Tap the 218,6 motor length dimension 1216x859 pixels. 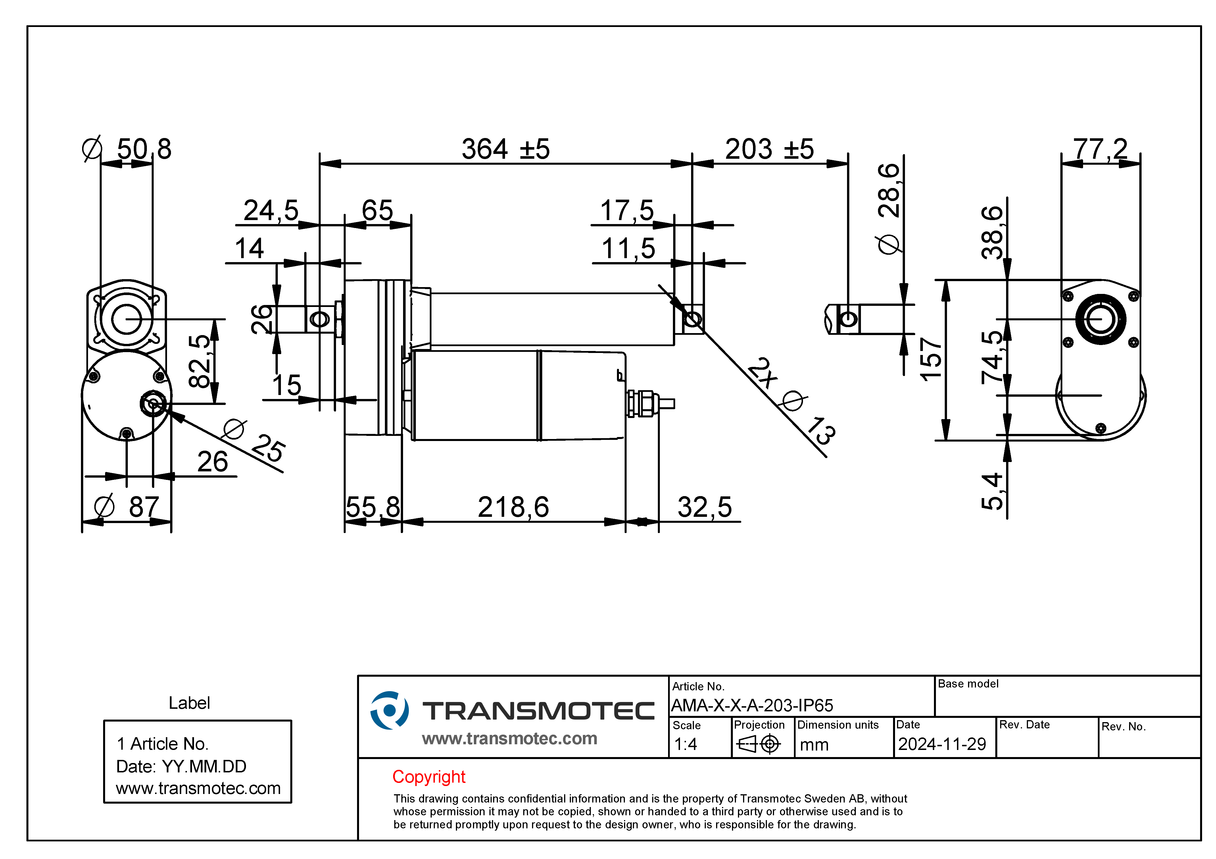click(513, 507)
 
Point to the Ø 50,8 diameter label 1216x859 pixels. click(127, 149)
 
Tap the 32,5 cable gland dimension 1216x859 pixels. click(704, 507)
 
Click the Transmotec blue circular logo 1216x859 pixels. click(389, 710)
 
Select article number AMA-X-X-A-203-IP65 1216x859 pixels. click(752, 705)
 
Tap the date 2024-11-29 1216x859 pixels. click(942, 744)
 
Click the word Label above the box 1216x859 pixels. click(189, 703)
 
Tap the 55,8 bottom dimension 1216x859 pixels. click(373, 507)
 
